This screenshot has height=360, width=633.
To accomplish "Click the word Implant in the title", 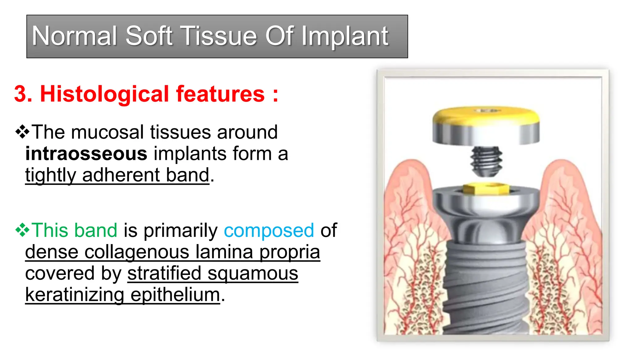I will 345,36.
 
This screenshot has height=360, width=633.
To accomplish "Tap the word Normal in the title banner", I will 74,36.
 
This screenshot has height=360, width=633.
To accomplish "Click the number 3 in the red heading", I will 23,94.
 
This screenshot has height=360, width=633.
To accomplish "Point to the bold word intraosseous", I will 86,154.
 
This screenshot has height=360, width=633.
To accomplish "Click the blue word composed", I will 269,230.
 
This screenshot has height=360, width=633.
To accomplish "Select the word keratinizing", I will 74,294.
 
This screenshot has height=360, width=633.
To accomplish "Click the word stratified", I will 164,273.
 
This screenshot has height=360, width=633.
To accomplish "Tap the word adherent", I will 121,175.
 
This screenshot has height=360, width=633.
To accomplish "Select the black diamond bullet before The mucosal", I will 22,132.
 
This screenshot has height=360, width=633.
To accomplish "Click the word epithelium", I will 175,294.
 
